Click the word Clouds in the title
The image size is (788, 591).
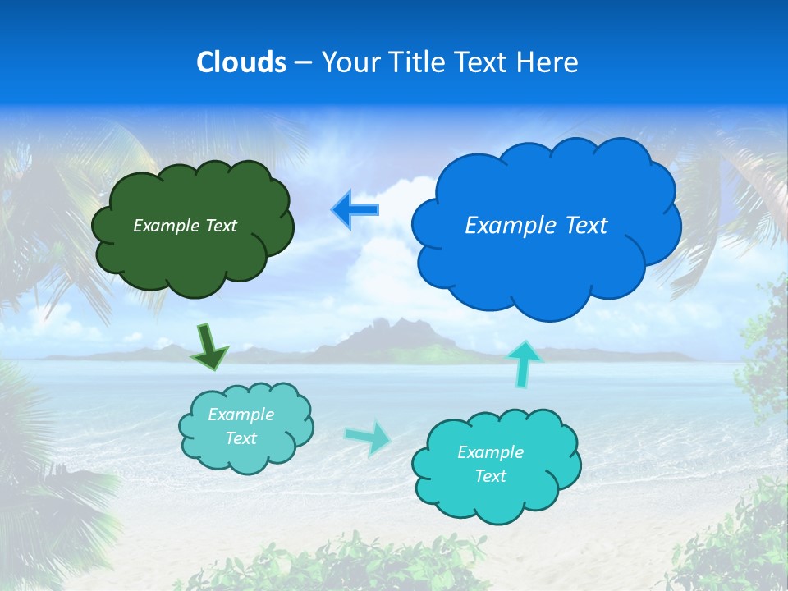[x=241, y=62]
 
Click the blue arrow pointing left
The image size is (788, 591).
[x=355, y=209]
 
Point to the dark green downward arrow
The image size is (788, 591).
[x=208, y=346]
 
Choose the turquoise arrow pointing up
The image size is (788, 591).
[x=524, y=362]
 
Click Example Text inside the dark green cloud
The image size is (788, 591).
[x=185, y=226]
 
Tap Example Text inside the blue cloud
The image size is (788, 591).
[x=536, y=226]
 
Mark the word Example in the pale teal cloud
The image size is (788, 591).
[x=241, y=415]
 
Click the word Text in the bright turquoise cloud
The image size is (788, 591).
[x=490, y=476]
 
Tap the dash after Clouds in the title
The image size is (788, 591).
[x=302, y=63]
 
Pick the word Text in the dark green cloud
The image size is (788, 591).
[x=220, y=226]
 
